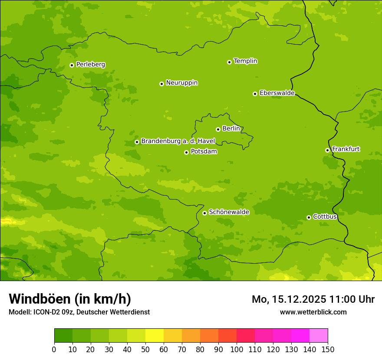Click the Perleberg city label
90,65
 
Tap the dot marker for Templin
229,62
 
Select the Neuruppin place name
181,83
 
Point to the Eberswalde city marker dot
255,94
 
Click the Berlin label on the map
231,129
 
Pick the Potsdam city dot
186,152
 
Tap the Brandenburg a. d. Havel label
178,141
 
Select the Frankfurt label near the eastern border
346,149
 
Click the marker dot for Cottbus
309,217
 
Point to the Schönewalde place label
229,212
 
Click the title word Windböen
40,299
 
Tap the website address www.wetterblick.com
313,312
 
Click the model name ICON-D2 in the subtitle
46,312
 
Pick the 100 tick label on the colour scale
237,349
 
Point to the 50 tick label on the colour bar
145,349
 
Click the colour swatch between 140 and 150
319,335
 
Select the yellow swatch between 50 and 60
155,335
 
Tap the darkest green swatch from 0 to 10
63,335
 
